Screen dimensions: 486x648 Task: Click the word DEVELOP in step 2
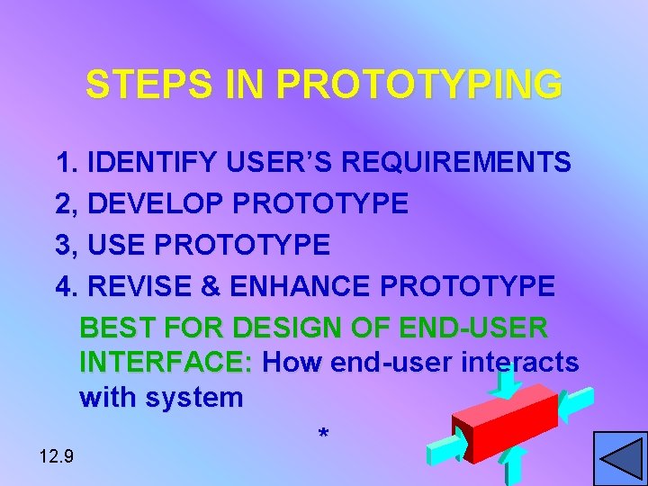pyautogui.click(x=157, y=203)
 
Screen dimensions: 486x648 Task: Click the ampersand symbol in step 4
pyautogui.click(x=212, y=286)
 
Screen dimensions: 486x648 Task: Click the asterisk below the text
pyautogui.click(x=323, y=436)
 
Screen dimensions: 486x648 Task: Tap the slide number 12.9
pyautogui.click(x=57, y=456)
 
